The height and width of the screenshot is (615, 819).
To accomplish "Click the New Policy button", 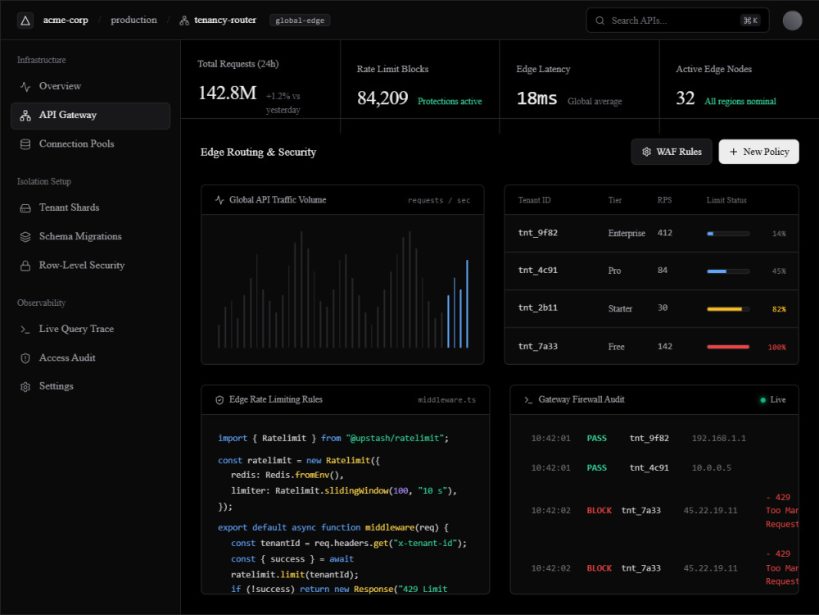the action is (758, 152).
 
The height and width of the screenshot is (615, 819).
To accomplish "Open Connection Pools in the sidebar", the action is (76, 143).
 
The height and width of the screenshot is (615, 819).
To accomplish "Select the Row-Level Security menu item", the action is (81, 265).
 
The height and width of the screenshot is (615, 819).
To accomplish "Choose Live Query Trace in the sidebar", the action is (76, 329).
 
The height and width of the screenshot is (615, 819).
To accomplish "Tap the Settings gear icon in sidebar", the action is (25, 387).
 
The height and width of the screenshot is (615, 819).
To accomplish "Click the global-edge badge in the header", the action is (300, 20).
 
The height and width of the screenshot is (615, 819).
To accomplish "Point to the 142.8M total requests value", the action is (227, 93).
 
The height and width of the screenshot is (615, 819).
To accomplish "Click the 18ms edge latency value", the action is (536, 98).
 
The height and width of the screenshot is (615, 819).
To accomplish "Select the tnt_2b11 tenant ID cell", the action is (537, 307).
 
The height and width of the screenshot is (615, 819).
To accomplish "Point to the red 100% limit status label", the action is (776, 347).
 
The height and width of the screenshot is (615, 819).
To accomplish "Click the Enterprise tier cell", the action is (627, 233).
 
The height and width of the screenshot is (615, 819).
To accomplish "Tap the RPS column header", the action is (664, 200).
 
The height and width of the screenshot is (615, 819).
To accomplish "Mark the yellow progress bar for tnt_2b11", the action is (725, 309).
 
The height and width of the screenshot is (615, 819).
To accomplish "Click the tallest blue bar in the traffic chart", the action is (467, 304).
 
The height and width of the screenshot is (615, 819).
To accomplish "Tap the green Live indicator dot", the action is (762, 400).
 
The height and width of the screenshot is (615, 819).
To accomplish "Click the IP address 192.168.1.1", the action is (719, 438).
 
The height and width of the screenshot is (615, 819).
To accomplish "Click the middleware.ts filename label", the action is (446, 400).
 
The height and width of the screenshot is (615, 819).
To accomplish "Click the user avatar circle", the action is (792, 20).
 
